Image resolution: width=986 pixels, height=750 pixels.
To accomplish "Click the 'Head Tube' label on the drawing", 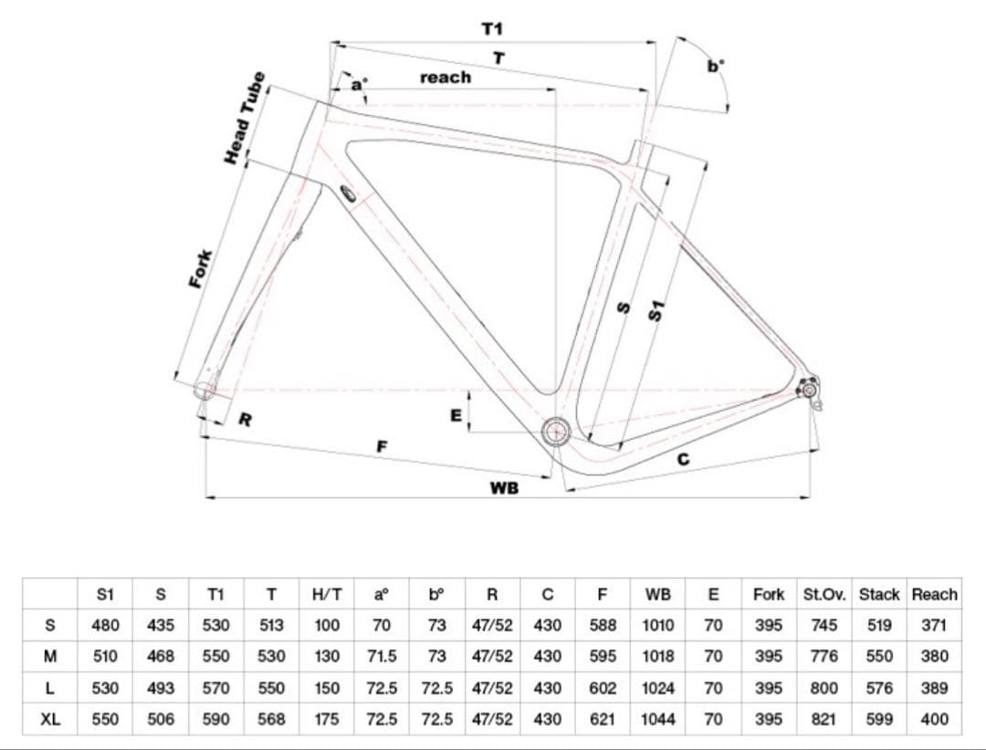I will pos(245,119).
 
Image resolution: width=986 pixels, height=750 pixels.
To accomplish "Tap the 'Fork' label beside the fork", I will pos(200,268).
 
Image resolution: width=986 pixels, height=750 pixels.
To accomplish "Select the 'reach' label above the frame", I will pos(446,78).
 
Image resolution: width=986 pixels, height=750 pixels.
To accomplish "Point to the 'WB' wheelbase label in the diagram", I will pos(504,488).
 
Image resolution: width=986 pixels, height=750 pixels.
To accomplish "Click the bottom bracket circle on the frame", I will pos(555,432).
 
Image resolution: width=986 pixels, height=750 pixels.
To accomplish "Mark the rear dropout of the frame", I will pos(809,390).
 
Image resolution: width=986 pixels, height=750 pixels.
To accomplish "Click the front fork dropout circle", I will pos(205,391).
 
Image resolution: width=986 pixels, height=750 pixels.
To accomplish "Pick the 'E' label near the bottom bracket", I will pos(456,415).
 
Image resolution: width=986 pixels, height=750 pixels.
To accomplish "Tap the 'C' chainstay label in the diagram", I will pos(683,460).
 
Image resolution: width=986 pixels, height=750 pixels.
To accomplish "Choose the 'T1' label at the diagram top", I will pos(492,29).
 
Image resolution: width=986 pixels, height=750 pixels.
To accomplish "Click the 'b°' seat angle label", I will pos(716,66).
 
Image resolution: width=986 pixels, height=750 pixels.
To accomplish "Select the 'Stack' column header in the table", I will pos(879,595).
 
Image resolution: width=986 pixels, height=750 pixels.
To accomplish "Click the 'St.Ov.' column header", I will pos(824,595).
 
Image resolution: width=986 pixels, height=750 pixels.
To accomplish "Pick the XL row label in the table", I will pos(51,719).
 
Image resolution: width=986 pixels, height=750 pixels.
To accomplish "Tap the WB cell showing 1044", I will pos(657,719).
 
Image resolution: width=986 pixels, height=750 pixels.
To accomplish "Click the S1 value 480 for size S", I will pos(105,626).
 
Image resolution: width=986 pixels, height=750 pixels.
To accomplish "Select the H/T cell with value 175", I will pos(327,719).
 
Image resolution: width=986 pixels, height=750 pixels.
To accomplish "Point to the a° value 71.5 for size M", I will pos(382,656).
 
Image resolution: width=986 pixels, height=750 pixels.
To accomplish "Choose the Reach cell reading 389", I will pos(934,688).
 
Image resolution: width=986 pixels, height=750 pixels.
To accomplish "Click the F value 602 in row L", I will pos(602,688).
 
